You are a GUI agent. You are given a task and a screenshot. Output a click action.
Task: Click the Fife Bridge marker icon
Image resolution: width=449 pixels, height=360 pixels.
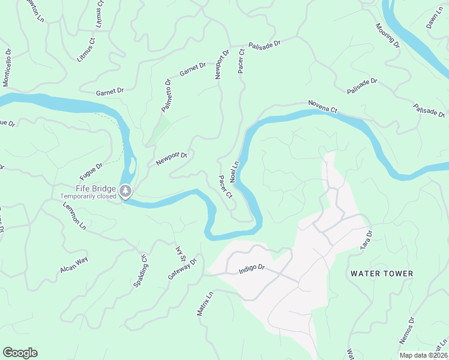pos(125,191)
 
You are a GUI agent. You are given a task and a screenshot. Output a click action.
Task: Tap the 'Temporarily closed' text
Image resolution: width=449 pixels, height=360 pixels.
pos(88,196)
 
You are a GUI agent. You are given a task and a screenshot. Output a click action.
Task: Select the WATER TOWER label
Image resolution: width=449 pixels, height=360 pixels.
pos(382,274)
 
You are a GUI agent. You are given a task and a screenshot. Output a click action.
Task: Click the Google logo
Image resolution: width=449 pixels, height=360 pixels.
pos(20,353)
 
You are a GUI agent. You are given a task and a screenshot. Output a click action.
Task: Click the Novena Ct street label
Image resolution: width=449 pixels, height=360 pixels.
pos(324,107)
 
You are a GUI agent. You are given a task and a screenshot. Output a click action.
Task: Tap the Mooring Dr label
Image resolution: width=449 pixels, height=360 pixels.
pos(387,35)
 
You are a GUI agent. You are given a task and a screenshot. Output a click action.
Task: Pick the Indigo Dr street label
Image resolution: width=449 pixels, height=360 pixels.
pos(252,269)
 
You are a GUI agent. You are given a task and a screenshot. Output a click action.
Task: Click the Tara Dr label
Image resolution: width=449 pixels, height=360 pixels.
pos(366,239)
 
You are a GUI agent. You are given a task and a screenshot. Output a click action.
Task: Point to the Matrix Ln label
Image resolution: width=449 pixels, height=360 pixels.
pos(205,304)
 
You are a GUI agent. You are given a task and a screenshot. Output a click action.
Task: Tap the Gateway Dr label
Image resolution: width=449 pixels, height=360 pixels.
pos(182,269)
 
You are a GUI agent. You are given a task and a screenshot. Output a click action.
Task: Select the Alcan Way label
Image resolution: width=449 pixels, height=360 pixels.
pos(74,265)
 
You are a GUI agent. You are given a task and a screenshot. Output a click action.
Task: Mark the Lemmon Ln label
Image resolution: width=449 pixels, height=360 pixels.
pos(74,215)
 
